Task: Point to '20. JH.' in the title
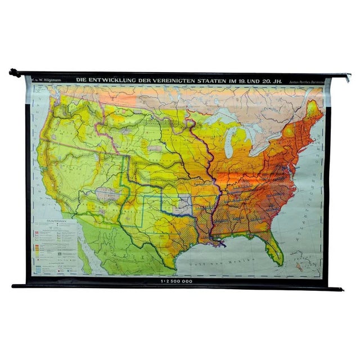[271, 80]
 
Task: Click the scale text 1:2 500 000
[177, 280]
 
